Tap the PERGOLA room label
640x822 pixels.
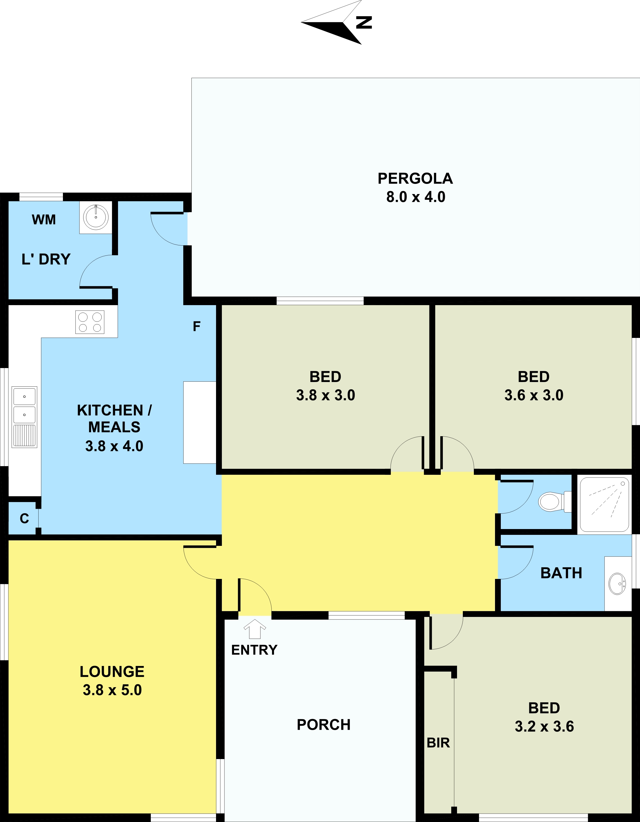click(415, 179)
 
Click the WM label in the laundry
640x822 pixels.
click(44, 220)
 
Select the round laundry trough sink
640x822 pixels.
click(96, 217)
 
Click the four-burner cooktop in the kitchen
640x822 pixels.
click(90, 322)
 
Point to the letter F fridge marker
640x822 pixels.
click(196, 326)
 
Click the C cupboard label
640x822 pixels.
click(24, 519)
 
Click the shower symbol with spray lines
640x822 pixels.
click(604, 504)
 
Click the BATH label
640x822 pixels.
click(561, 573)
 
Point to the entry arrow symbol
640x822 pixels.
click(255, 629)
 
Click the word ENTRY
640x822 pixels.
click(254, 650)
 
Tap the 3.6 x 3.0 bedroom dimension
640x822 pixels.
click(534, 395)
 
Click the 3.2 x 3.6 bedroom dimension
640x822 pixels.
click(544, 726)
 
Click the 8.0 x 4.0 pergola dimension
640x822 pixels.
click(416, 197)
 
